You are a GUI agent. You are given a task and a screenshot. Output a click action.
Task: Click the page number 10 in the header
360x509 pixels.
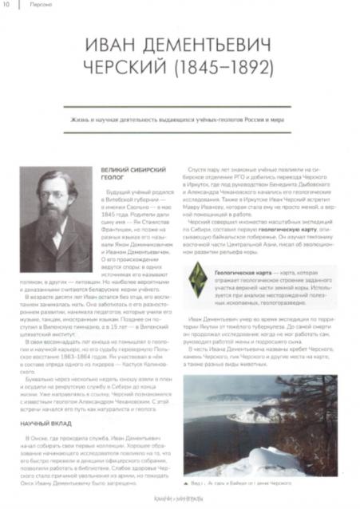[x=9, y=6]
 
